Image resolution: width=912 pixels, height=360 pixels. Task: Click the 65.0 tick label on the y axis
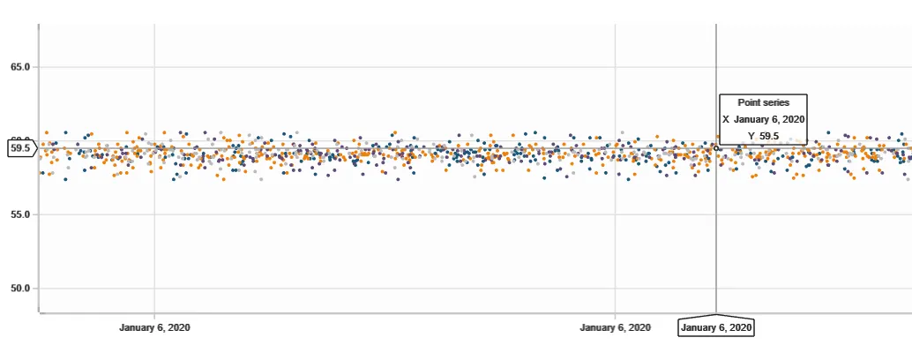[19, 67]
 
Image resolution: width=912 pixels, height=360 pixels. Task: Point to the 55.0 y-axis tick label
[19, 214]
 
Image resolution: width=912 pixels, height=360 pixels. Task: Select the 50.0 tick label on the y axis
[19, 289]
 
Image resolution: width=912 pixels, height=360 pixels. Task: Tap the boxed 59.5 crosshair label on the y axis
[19, 148]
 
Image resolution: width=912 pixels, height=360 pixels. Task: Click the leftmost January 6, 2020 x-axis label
[154, 327]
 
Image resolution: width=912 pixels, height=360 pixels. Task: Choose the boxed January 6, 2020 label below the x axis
[716, 327]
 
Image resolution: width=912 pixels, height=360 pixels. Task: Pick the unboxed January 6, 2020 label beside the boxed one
[615, 327]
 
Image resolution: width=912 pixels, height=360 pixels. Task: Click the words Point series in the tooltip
[763, 103]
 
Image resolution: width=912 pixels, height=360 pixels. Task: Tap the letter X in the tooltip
[726, 119]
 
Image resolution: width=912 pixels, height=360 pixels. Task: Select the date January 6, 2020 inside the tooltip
[769, 119]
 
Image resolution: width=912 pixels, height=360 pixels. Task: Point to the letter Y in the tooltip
[751, 135]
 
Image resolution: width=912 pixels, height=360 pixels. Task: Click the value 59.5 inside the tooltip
[769, 135]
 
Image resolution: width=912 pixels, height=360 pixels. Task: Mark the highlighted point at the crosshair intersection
[716, 148]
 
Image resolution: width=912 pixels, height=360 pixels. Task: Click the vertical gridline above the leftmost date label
[154, 247]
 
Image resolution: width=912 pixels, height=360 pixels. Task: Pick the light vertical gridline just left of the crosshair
[615, 247]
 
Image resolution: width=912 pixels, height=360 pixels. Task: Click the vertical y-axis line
[39, 247]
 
